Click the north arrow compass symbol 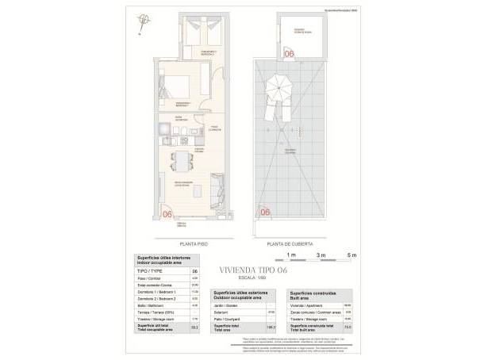coord(143,21)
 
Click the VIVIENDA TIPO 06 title coord(243,269)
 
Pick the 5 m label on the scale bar coord(352,255)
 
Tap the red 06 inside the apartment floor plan coord(167,213)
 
